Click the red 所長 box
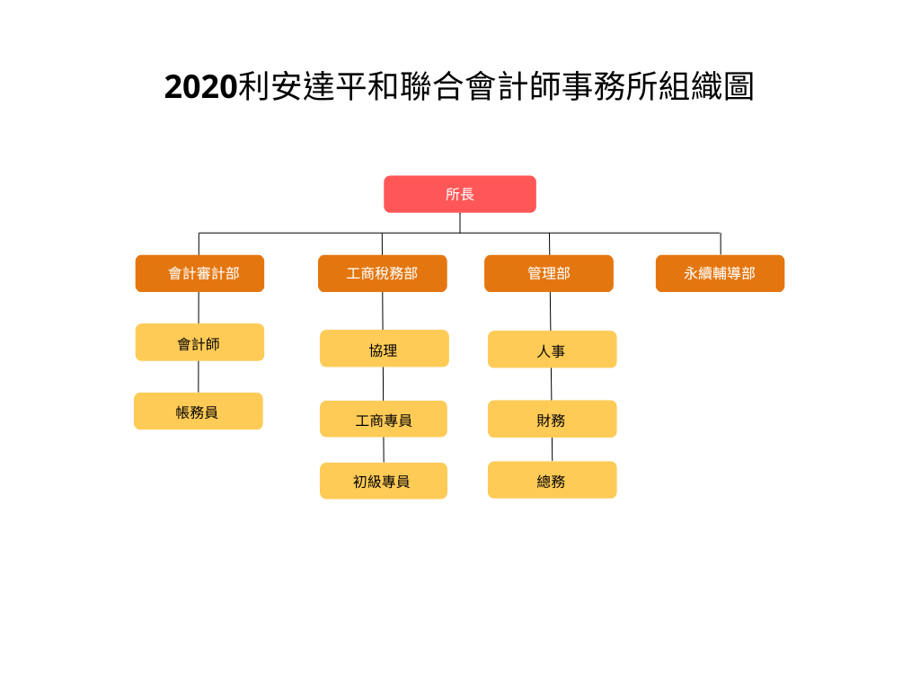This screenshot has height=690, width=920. [460, 194]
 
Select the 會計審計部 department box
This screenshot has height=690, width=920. [199, 273]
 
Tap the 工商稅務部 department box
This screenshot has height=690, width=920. [383, 273]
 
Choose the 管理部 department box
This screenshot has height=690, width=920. [549, 273]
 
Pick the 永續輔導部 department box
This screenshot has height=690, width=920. [720, 273]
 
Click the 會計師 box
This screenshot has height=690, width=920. [199, 342]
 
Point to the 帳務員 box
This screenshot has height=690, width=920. [199, 411]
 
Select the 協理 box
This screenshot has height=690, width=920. [385, 349]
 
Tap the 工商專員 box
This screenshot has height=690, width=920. [383, 419]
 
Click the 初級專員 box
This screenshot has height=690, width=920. [383, 482]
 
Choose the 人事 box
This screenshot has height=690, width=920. [553, 349]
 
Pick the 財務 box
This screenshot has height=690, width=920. [553, 419]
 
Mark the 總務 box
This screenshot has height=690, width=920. [553, 480]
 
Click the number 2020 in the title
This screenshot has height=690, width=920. [200, 87]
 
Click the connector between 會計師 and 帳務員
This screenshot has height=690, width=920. [199, 376]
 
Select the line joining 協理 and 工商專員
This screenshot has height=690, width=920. [383, 384]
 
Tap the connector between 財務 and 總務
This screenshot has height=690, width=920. [553, 449]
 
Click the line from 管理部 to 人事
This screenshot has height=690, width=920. [551, 311]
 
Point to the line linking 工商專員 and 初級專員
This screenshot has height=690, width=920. [384, 450]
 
